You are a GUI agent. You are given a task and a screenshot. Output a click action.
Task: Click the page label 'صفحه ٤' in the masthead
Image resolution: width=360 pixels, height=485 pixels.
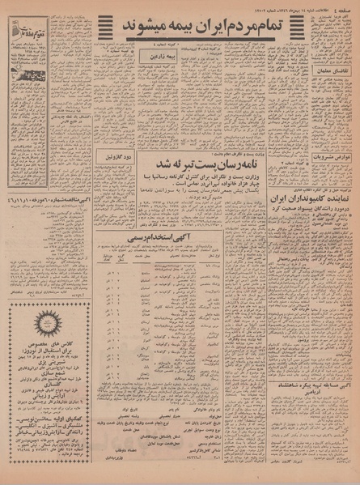(344, 7)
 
